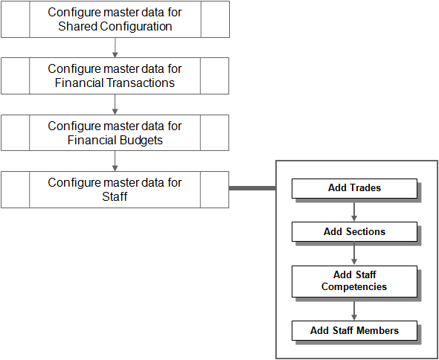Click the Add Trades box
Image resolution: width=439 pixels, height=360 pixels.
[354, 188]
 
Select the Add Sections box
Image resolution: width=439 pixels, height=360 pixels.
[354, 232]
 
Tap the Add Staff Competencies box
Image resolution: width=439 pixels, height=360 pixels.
[354, 281]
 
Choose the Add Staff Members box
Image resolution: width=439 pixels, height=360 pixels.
[354, 330]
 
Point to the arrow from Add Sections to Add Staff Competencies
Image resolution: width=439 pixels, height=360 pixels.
[354, 254]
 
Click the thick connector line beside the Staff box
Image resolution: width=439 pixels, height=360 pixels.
[252, 188]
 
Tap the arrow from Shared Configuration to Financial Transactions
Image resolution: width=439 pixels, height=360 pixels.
[115, 48]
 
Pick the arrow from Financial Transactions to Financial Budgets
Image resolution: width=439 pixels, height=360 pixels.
[115, 104]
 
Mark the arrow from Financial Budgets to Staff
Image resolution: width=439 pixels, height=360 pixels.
[115, 161]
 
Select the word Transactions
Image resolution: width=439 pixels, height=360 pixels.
[141, 83]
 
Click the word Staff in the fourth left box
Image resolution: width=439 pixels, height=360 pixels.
[115, 197]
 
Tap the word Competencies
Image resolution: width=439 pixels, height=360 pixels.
[354, 287]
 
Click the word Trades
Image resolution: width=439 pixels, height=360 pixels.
[364, 188]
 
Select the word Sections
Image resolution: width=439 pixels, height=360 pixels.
[365, 232]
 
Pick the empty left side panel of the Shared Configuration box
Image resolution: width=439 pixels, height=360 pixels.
[16, 19]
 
